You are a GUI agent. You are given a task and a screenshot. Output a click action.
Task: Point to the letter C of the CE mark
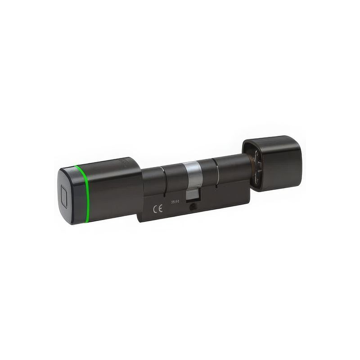coord(155,209)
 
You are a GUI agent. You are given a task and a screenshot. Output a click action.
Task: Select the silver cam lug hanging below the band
coord(193,195)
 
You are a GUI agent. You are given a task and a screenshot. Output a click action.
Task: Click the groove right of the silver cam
coord(216,173)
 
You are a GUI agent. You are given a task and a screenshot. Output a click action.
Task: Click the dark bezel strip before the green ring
coord(74,194)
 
